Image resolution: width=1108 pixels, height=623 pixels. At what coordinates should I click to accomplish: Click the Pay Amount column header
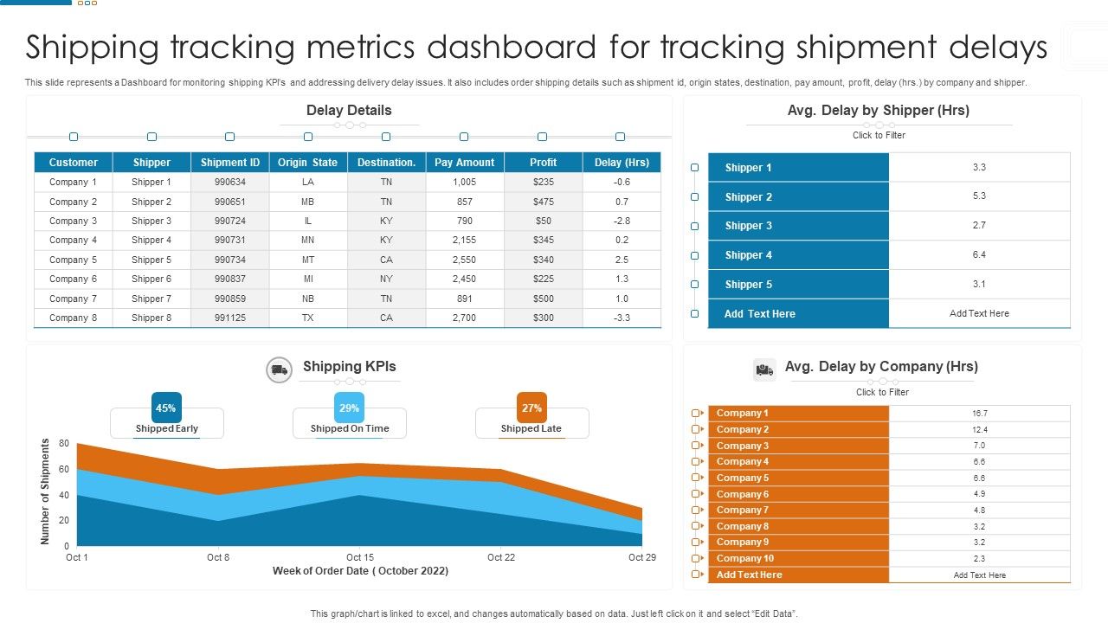pyautogui.click(x=465, y=163)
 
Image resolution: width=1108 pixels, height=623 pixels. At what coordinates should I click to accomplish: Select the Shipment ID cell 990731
pyautogui.click(x=230, y=241)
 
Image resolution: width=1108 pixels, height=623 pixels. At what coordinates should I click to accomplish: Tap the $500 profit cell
pyautogui.click(x=544, y=299)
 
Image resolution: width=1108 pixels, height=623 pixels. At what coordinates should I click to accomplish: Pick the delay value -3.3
pyautogui.click(x=622, y=318)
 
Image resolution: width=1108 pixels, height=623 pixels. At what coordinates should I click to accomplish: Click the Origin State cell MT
pyautogui.click(x=308, y=260)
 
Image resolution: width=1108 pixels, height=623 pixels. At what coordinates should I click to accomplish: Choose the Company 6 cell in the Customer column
pyautogui.click(x=74, y=279)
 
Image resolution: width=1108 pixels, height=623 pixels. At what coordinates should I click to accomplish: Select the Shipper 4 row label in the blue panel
pyautogui.click(x=749, y=255)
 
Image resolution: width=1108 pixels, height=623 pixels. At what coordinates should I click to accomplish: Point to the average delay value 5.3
pyautogui.click(x=979, y=196)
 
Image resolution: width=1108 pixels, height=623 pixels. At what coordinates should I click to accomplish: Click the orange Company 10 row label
pyautogui.click(x=745, y=558)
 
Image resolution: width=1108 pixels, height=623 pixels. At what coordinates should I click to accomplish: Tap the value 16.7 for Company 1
pyautogui.click(x=979, y=414)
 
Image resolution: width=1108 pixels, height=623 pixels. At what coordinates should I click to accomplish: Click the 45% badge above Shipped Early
pyautogui.click(x=166, y=408)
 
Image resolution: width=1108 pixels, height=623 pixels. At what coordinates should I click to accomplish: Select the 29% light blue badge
pyautogui.click(x=349, y=408)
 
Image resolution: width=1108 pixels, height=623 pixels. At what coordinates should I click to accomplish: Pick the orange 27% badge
pyautogui.click(x=531, y=408)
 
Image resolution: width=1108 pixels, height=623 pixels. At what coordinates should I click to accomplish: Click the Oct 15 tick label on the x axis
pyautogui.click(x=360, y=557)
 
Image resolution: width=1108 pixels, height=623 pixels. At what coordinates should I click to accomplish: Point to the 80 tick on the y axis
pyautogui.click(x=64, y=444)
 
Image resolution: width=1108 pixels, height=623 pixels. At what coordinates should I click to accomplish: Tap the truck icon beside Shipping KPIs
pyautogui.click(x=279, y=370)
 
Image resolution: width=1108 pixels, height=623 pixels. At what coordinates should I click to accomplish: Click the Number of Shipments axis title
pyautogui.click(x=46, y=491)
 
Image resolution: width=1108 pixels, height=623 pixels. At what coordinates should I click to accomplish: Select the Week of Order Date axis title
pyautogui.click(x=360, y=571)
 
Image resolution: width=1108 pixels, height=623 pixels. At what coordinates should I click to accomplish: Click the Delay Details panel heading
pyautogui.click(x=349, y=111)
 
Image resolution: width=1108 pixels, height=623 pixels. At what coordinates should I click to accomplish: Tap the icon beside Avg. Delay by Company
pyautogui.click(x=764, y=369)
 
